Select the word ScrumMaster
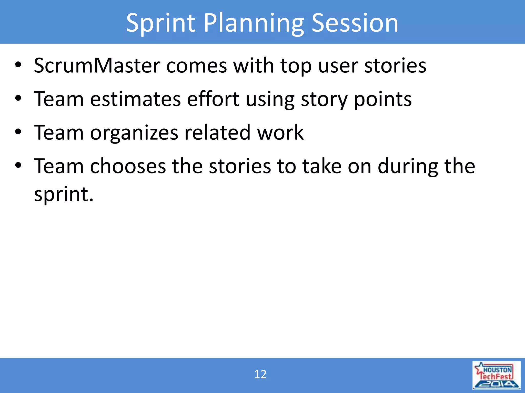97,65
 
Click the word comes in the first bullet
196,65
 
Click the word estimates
135,99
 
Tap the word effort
213,99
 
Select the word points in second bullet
383,99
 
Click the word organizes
134,133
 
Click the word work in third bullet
280,133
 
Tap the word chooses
128,166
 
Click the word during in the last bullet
408,166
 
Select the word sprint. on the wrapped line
64,194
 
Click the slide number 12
260,374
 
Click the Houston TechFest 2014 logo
496,375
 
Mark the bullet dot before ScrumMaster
18,65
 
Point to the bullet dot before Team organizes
18,133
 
